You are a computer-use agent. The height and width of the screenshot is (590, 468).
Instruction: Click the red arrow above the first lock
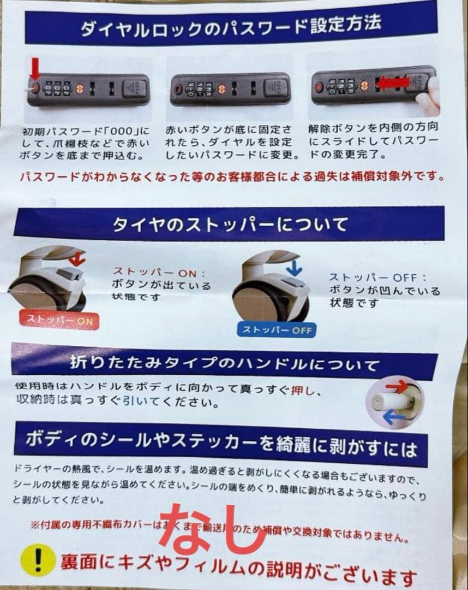pyautogui.click(x=35, y=70)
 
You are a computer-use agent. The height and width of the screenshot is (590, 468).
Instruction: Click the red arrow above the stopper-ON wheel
pyautogui.click(x=77, y=258)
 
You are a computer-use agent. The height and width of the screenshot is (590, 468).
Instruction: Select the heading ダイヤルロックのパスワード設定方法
pyautogui.click(x=231, y=25)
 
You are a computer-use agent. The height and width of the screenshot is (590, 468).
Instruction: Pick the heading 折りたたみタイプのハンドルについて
pyautogui.click(x=224, y=363)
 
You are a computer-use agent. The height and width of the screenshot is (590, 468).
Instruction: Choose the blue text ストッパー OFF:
pyautogui.click(x=377, y=278)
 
